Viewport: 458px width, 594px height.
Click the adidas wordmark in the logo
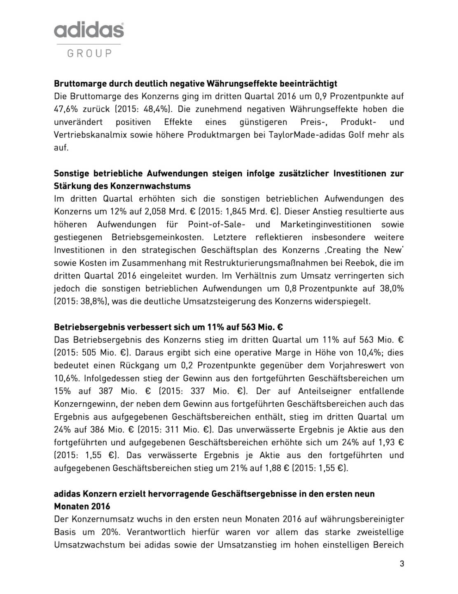(89, 31)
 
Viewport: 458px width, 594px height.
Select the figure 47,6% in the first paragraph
(66, 109)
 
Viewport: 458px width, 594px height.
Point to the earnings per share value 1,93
(386, 442)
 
